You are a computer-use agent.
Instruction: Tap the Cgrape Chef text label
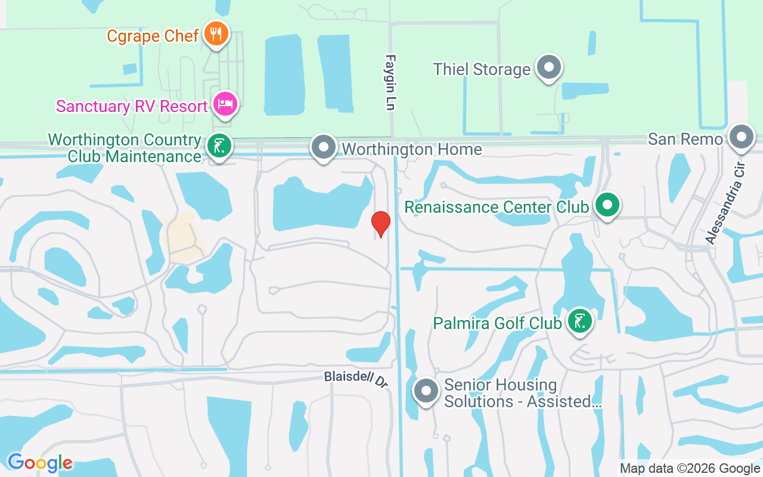tap(153, 36)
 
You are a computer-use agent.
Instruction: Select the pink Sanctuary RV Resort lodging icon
tap(226, 104)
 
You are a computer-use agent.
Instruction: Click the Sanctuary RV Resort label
tap(132, 107)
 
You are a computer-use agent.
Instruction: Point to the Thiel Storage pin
tap(548, 67)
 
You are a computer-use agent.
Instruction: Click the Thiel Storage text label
tap(482, 70)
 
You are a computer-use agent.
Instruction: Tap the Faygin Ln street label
tap(390, 82)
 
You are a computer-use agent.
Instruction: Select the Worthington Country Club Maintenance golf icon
tap(219, 145)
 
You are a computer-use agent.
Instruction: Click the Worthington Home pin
tap(324, 147)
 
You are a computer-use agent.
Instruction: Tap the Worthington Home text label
tap(411, 149)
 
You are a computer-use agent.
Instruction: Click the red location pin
tap(380, 223)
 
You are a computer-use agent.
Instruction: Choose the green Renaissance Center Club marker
tap(607, 205)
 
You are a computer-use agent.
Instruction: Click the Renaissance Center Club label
tap(497, 207)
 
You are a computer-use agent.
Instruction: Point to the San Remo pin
tap(742, 137)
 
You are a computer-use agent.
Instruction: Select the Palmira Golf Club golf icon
tap(579, 321)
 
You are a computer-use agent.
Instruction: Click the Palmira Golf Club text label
tap(497, 323)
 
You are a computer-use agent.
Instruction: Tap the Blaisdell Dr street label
tap(356, 380)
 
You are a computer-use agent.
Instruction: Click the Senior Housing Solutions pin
tap(426, 391)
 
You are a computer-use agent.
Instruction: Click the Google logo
tap(40, 463)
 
